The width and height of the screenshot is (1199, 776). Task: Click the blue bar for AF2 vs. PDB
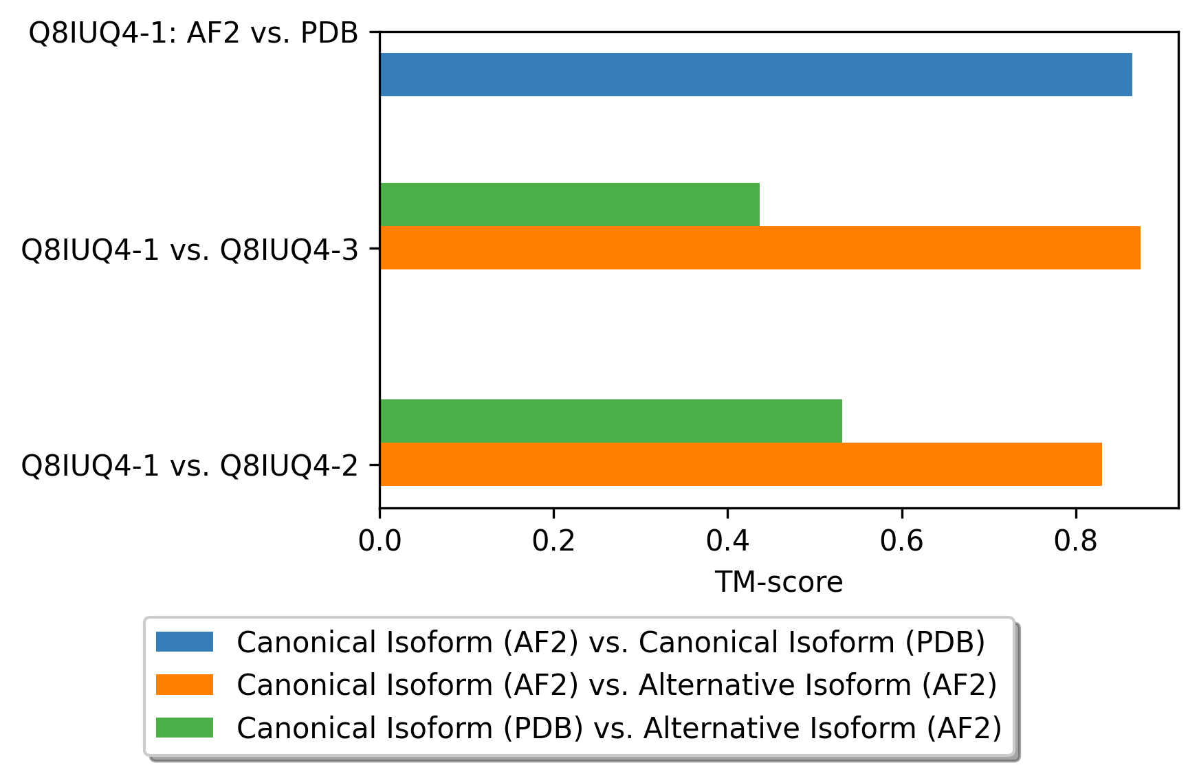tap(756, 74)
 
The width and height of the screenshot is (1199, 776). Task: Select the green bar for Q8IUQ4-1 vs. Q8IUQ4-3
tap(570, 204)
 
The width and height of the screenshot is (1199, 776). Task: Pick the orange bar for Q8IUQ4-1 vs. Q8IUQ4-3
tap(760, 247)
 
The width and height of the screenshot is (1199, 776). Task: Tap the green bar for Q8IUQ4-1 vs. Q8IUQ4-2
tap(611, 421)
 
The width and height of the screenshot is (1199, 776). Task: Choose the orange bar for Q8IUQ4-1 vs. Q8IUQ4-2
tap(741, 464)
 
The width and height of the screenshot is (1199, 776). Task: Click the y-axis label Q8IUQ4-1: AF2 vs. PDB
tap(194, 33)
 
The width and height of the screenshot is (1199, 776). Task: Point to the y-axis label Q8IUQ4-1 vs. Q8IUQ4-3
tap(190, 250)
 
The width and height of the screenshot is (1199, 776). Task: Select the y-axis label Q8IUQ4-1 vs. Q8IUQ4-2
tap(190, 466)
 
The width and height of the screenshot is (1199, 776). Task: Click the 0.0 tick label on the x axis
tap(379, 541)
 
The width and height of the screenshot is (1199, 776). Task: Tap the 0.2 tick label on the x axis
tap(553, 541)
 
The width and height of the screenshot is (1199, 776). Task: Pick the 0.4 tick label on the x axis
tap(727, 541)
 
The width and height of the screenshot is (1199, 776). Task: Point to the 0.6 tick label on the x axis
tap(901, 541)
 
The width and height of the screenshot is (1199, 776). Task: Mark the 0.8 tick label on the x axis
tap(1075, 541)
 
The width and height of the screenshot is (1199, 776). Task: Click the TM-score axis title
tap(779, 582)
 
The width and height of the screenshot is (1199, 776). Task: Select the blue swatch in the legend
tap(184, 642)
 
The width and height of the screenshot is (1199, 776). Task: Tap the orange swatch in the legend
tap(184, 685)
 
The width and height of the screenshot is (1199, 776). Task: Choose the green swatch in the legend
tap(184, 727)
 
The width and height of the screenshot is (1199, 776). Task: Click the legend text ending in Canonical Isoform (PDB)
tap(611, 643)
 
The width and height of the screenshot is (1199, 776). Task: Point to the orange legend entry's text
tap(617, 685)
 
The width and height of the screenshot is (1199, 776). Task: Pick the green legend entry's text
tap(619, 728)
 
